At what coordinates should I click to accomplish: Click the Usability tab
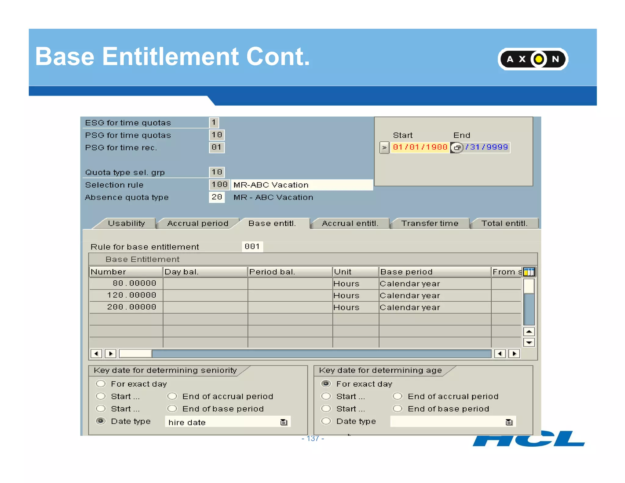pyautogui.click(x=126, y=223)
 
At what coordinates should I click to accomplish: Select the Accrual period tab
pyautogui.click(x=197, y=223)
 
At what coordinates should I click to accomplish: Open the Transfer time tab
pyautogui.click(x=430, y=223)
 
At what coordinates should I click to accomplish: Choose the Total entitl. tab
pyautogui.click(x=504, y=223)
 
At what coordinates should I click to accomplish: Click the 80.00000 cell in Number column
pyautogui.click(x=134, y=283)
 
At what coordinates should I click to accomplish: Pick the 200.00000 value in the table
pyautogui.click(x=132, y=307)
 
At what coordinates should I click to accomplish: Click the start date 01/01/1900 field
pyautogui.click(x=420, y=147)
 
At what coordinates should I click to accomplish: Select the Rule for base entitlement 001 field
pyautogui.click(x=252, y=247)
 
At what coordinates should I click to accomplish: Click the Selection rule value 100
pyautogui.click(x=219, y=185)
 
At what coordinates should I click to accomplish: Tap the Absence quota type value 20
pyautogui.click(x=217, y=197)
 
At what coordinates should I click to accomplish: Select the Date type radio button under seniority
pyautogui.click(x=101, y=421)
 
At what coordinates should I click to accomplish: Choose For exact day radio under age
pyautogui.click(x=326, y=384)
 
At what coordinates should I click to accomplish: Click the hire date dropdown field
pyautogui.click(x=227, y=422)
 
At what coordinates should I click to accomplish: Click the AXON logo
pyautogui.click(x=533, y=59)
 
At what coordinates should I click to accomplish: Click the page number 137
pyautogui.click(x=313, y=439)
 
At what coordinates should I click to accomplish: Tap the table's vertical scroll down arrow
pyautogui.click(x=529, y=343)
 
